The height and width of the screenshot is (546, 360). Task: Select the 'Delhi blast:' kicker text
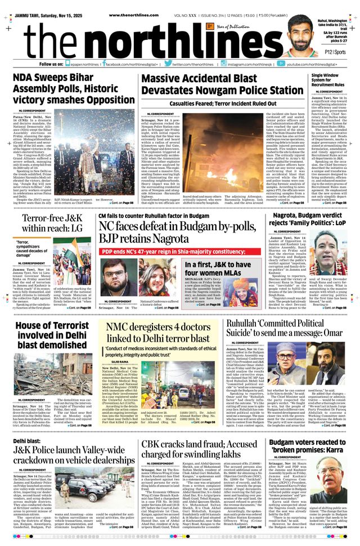(x=27, y=442)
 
